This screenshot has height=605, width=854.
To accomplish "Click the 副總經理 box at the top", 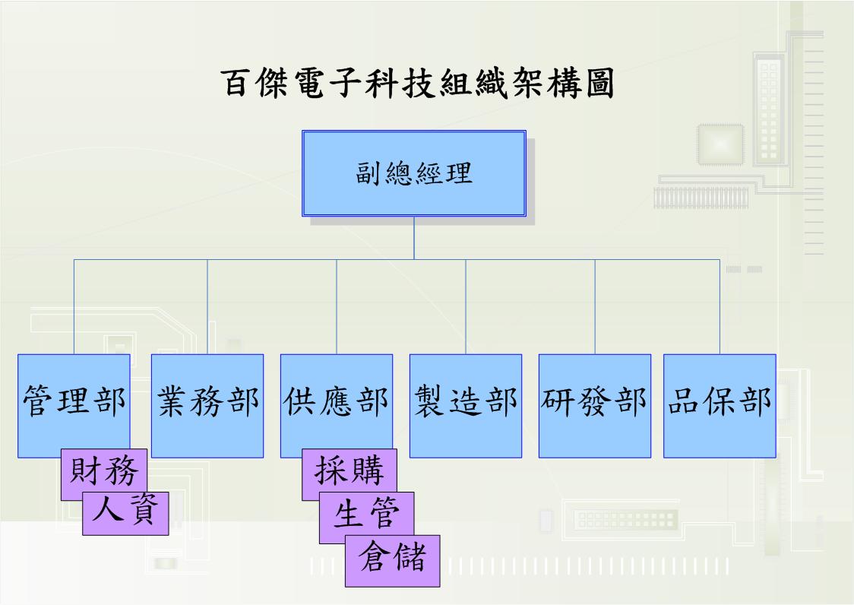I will tap(414, 173).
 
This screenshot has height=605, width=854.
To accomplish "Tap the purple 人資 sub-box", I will tap(126, 512).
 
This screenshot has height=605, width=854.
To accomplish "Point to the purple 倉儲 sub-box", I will tap(393, 559).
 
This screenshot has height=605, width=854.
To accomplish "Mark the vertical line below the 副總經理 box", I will tap(414, 238).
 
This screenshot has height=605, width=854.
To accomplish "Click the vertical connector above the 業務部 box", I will tap(207, 306).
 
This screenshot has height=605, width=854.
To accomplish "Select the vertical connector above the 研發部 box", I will tap(595, 306).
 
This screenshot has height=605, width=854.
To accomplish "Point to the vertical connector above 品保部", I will tap(720, 306).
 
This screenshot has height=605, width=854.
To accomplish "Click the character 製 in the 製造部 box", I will tap(431, 402).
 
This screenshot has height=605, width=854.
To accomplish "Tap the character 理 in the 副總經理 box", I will tap(458, 173).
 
